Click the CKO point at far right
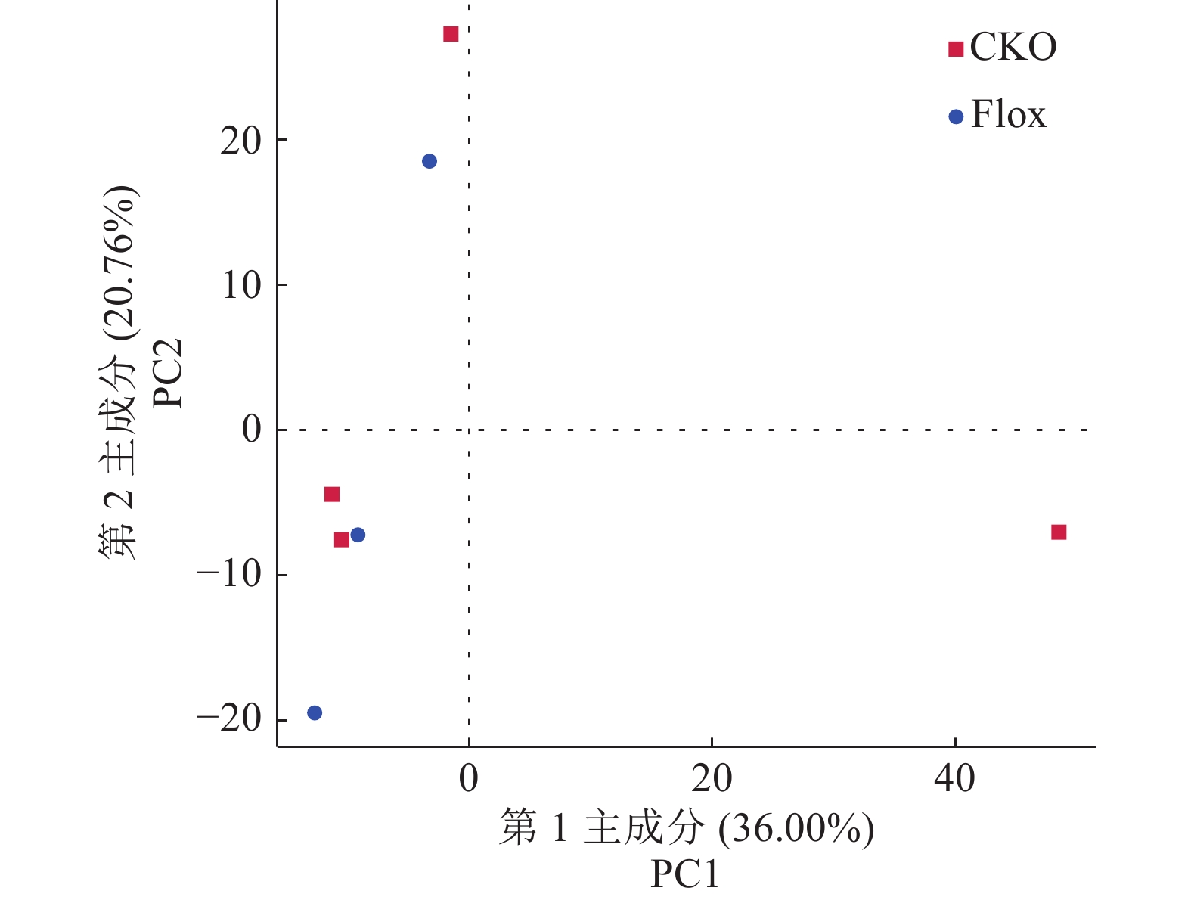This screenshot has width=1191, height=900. pos(1059,532)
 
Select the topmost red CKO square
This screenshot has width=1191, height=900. pos(451,34)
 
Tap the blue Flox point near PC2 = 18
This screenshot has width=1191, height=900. pos(430,161)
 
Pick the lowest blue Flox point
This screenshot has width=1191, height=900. pos(315,712)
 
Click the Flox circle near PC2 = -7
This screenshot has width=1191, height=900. pos(358,535)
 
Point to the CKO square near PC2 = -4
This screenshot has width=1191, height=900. pos(332,495)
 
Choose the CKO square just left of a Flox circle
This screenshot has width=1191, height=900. pos(342,539)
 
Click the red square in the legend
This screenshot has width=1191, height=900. pos(956,49)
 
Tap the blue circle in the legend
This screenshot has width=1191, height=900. pos(956,116)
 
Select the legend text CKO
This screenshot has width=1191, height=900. pos(1013,48)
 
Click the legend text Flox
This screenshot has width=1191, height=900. pos(1009,115)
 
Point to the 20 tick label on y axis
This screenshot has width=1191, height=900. pos(240,141)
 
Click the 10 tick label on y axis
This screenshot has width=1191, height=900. pos(240,286)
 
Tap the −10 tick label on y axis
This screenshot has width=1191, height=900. pos(228,575)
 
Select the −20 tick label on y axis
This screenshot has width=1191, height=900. pos(228,719)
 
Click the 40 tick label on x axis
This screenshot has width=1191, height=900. pos(954,778)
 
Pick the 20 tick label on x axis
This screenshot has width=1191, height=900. pos(712,778)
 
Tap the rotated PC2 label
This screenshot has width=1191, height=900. pos(168,373)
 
